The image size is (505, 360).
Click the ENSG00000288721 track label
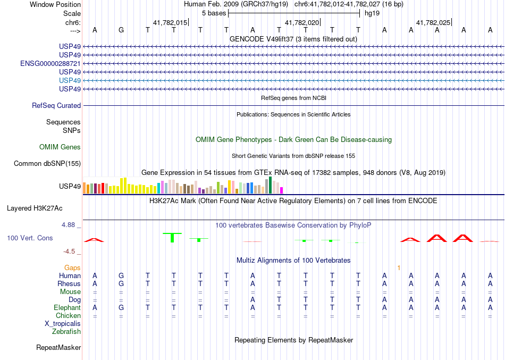tap(50, 63)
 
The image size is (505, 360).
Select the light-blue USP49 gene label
tap(70, 80)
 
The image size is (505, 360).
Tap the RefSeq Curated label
tap(56, 106)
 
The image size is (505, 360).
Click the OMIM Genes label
tap(60, 147)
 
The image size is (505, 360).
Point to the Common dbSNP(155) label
tap(47, 164)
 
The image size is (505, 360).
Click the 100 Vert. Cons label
tap(30, 238)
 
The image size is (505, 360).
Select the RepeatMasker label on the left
tap(58, 348)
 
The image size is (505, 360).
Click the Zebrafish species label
tap(66, 332)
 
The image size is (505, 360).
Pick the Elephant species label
tap(67, 308)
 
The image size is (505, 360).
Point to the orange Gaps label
tap(72, 267)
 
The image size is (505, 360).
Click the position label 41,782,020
tap(302, 23)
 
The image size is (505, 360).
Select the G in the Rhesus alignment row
tap(121, 284)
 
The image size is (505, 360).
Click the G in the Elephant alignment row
tap(121, 308)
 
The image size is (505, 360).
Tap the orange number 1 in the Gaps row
tap(399, 267)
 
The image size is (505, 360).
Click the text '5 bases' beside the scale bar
tap(214, 13)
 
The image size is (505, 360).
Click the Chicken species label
tap(68, 316)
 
